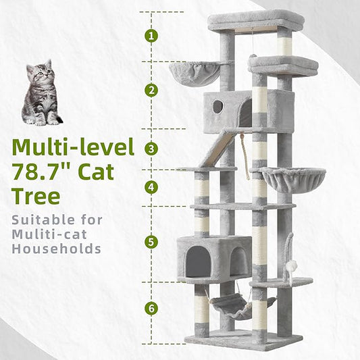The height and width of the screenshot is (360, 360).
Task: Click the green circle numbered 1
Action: tap(152, 36)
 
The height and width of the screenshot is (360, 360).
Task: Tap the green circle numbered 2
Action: tap(152, 90)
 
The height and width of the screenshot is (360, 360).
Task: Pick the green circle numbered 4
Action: tap(152, 187)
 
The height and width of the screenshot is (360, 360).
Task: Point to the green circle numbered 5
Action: tap(152, 240)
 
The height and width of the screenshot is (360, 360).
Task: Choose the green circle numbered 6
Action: tap(152, 309)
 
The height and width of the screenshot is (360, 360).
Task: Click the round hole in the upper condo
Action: tap(217, 107)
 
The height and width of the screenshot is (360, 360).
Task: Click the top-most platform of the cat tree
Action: tap(255, 19)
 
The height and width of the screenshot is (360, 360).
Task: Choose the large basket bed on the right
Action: tap(292, 178)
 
